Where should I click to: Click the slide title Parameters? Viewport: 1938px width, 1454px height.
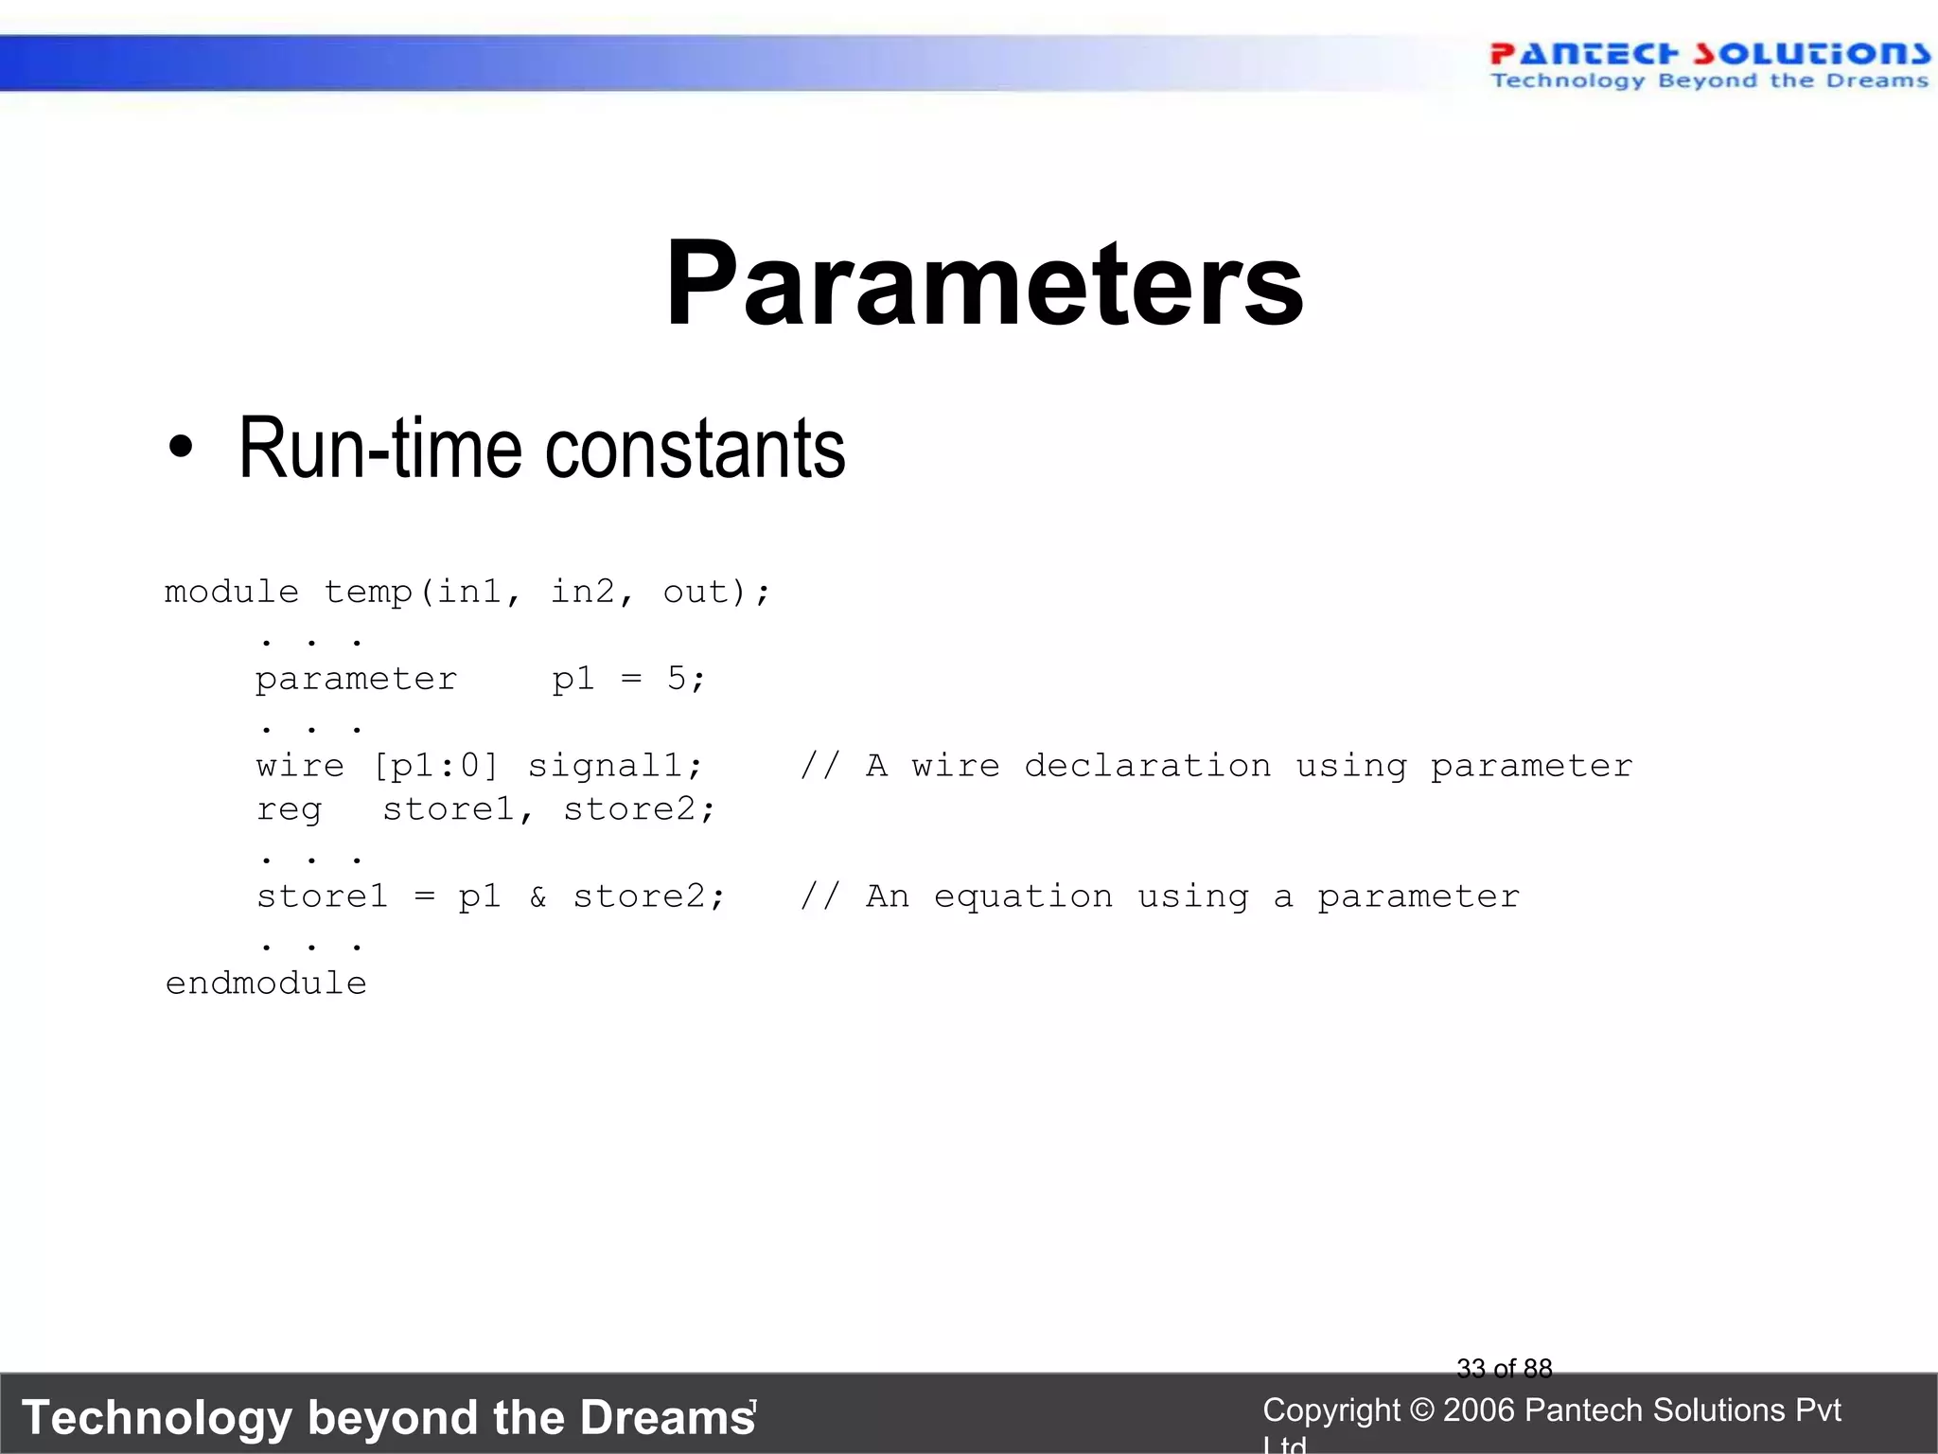coord(984,284)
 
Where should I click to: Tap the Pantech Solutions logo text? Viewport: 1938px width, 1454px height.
coord(1709,54)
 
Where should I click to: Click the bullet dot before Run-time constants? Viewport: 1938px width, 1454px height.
coord(180,449)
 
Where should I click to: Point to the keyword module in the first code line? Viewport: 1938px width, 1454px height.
coord(232,592)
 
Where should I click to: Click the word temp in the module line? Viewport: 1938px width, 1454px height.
coord(368,592)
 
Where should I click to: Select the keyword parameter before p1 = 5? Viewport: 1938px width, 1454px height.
coord(356,679)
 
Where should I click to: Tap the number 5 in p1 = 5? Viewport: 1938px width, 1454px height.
coord(677,678)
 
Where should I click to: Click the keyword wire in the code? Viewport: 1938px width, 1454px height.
coord(300,765)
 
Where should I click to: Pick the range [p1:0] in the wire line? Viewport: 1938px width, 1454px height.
coord(436,765)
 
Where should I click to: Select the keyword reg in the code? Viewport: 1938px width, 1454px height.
coord(289,809)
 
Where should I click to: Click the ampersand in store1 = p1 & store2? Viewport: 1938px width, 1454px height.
coord(537,895)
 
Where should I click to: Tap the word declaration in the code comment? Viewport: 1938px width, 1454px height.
coord(1147,765)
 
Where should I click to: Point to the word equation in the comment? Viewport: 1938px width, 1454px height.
coord(1023,895)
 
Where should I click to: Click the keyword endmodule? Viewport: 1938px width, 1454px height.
coord(266,983)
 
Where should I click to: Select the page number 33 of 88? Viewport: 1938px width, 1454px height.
coord(1504,1368)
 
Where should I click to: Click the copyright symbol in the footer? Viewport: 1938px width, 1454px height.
coord(1421,1410)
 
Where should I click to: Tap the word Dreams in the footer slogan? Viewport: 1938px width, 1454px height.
coord(667,1418)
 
